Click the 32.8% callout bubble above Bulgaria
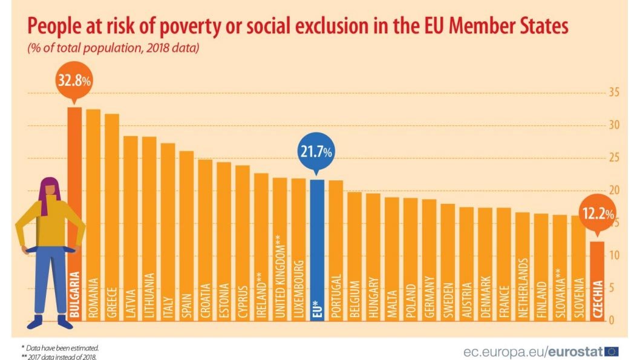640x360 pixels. pyautogui.click(x=74, y=80)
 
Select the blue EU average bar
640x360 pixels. pyautogui.click(x=317, y=248)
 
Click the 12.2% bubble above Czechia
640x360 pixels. pyautogui.click(x=598, y=214)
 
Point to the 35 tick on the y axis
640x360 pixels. pyautogui.click(x=614, y=93)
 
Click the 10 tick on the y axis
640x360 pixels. pyautogui.click(x=614, y=255)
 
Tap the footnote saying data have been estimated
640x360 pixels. pyautogui.click(x=60, y=348)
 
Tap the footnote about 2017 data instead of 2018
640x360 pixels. pyautogui.click(x=59, y=356)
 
